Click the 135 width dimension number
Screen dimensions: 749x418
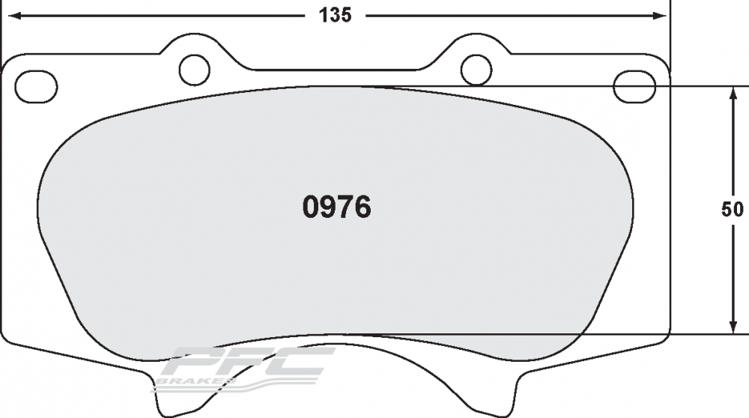click(336, 15)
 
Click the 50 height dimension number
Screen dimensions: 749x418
click(733, 209)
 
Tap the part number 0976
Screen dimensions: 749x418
click(337, 208)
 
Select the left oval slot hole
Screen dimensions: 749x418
click(36, 86)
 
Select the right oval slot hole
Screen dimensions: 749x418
click(634, 86)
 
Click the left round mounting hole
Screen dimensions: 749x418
click(195, 70)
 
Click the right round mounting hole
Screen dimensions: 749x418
click(476, 70)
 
